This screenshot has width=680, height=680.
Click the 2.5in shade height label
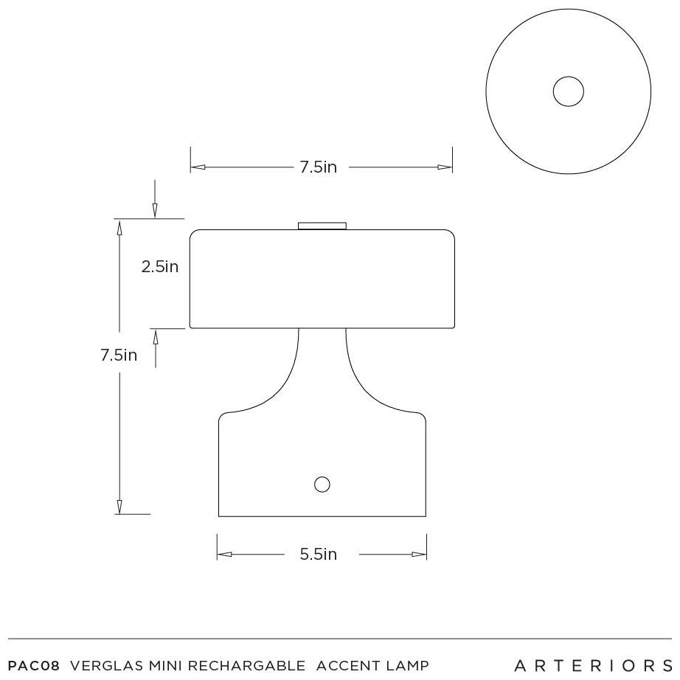(159, 266)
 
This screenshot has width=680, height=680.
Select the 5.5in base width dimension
(319, 554)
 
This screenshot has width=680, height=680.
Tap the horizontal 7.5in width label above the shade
(319, 167)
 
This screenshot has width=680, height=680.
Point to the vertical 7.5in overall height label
(119, 355)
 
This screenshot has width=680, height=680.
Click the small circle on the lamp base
(322, 485)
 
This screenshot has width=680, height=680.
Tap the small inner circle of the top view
(568, 91)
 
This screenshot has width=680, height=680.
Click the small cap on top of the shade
(322, 226)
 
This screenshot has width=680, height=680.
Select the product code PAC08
(33, 665)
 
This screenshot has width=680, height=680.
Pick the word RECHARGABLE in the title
(246, 665)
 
